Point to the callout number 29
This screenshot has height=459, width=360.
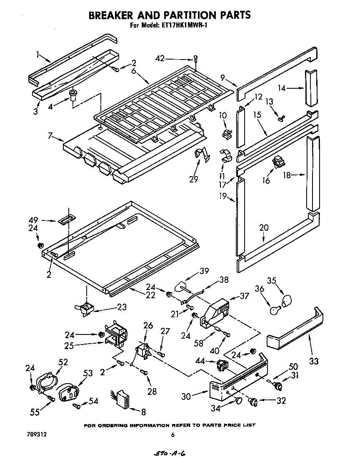(194, 179)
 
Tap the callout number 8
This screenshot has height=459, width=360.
(143, 412)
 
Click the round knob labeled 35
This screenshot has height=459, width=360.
(287, 301)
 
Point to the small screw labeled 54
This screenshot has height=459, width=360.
(77, 405)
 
